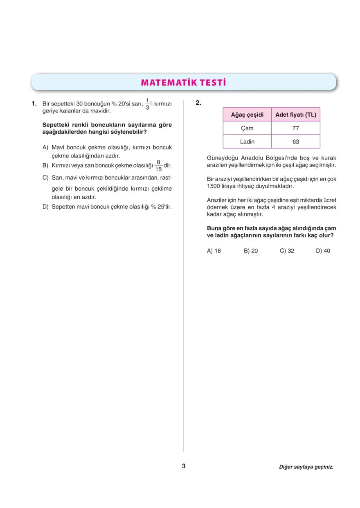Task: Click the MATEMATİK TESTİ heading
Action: click(x=183, y=83)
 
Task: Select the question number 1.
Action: click(x=34, y=104)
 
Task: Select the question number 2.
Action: click(x=198, y=103)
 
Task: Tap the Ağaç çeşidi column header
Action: click(x=247, y=115)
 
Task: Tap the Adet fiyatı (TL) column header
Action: click(x=296, y=115)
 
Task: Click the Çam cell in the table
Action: click(x=247, y=128)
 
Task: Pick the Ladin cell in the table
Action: click(x=247, y=142)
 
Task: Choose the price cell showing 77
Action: click(x=296, y=128)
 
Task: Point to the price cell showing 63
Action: click(x=296, y=142)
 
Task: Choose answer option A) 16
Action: click(x=214, y=251)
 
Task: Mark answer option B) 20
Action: click(x=251, y=251)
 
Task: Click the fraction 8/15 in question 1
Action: click(x=158, y=166)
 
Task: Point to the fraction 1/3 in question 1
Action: click(x=147, y=104)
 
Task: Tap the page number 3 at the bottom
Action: click(x=184, y=466)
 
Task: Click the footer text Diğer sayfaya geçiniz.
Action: click(x=306, y=467)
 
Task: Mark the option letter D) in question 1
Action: click(x=45, y=207)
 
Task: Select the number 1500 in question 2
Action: click(x=214, y=186)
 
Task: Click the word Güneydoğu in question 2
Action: click(x=223, y=158)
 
